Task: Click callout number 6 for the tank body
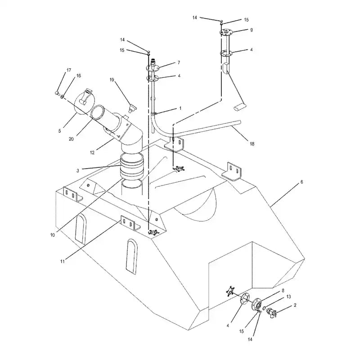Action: tap(302, 182)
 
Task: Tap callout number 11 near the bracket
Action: tap(62, 261)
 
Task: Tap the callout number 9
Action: tap(251, 30)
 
